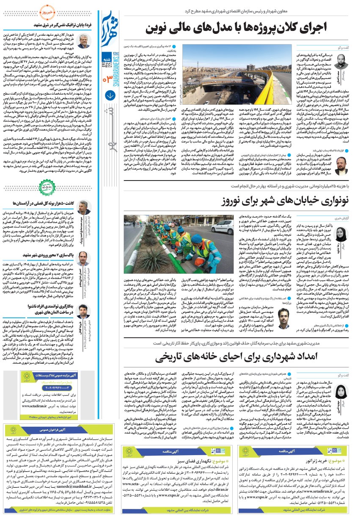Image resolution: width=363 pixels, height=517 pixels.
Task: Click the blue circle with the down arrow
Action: coord(109,95)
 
